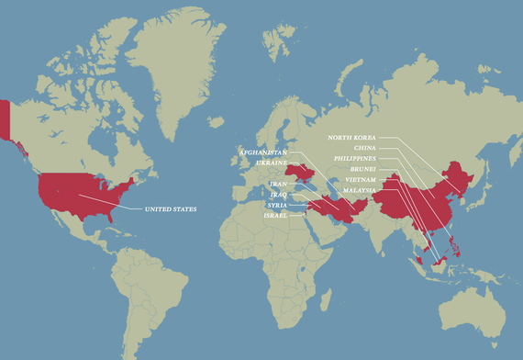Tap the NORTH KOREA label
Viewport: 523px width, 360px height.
click(353, 137)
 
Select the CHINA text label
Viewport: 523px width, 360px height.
click(364, 147)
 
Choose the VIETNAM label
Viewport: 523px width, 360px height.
click(360, 180)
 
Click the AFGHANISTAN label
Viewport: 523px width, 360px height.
click(263, 151)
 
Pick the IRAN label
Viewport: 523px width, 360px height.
click(279, 184)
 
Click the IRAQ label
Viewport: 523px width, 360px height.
click(279, 195)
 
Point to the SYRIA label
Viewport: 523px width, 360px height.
click(277, 205)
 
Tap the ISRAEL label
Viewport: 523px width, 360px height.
click(275, 215)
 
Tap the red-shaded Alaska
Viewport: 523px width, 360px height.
click(6, 119)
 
